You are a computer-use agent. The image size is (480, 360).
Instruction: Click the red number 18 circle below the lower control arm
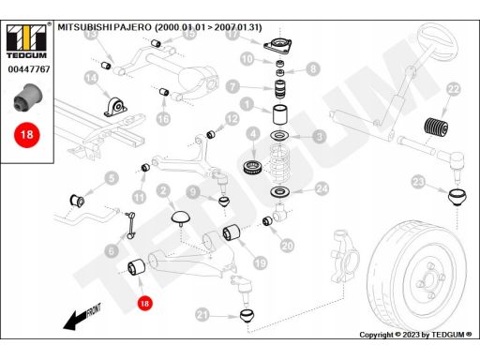144,303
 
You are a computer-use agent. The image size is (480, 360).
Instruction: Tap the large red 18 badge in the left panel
27,135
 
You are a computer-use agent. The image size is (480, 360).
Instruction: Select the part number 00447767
29,69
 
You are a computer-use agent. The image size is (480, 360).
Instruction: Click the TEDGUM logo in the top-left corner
27,41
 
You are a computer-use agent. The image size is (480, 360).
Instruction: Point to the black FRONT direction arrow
82,317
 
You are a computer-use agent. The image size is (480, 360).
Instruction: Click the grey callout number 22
454,89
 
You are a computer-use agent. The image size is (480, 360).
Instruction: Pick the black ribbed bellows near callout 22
436,127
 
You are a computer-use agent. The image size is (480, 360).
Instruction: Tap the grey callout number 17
232,34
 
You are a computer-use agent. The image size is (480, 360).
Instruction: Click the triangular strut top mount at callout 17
277,46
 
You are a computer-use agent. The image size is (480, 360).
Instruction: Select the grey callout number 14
91,78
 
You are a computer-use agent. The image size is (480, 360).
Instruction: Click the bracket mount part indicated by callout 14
115,107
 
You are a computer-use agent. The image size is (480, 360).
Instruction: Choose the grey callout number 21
202,314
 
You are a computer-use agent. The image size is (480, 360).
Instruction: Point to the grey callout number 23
418,182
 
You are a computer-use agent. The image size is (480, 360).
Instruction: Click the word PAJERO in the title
132,27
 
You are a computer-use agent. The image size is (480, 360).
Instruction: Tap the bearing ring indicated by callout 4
253,168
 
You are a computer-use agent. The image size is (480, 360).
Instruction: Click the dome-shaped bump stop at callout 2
181,217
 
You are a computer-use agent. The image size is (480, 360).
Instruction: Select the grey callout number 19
261,263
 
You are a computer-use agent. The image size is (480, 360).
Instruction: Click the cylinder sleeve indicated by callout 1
280,114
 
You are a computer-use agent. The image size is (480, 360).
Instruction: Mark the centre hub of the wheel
428,278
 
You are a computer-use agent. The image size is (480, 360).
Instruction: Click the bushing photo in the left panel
28,97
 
